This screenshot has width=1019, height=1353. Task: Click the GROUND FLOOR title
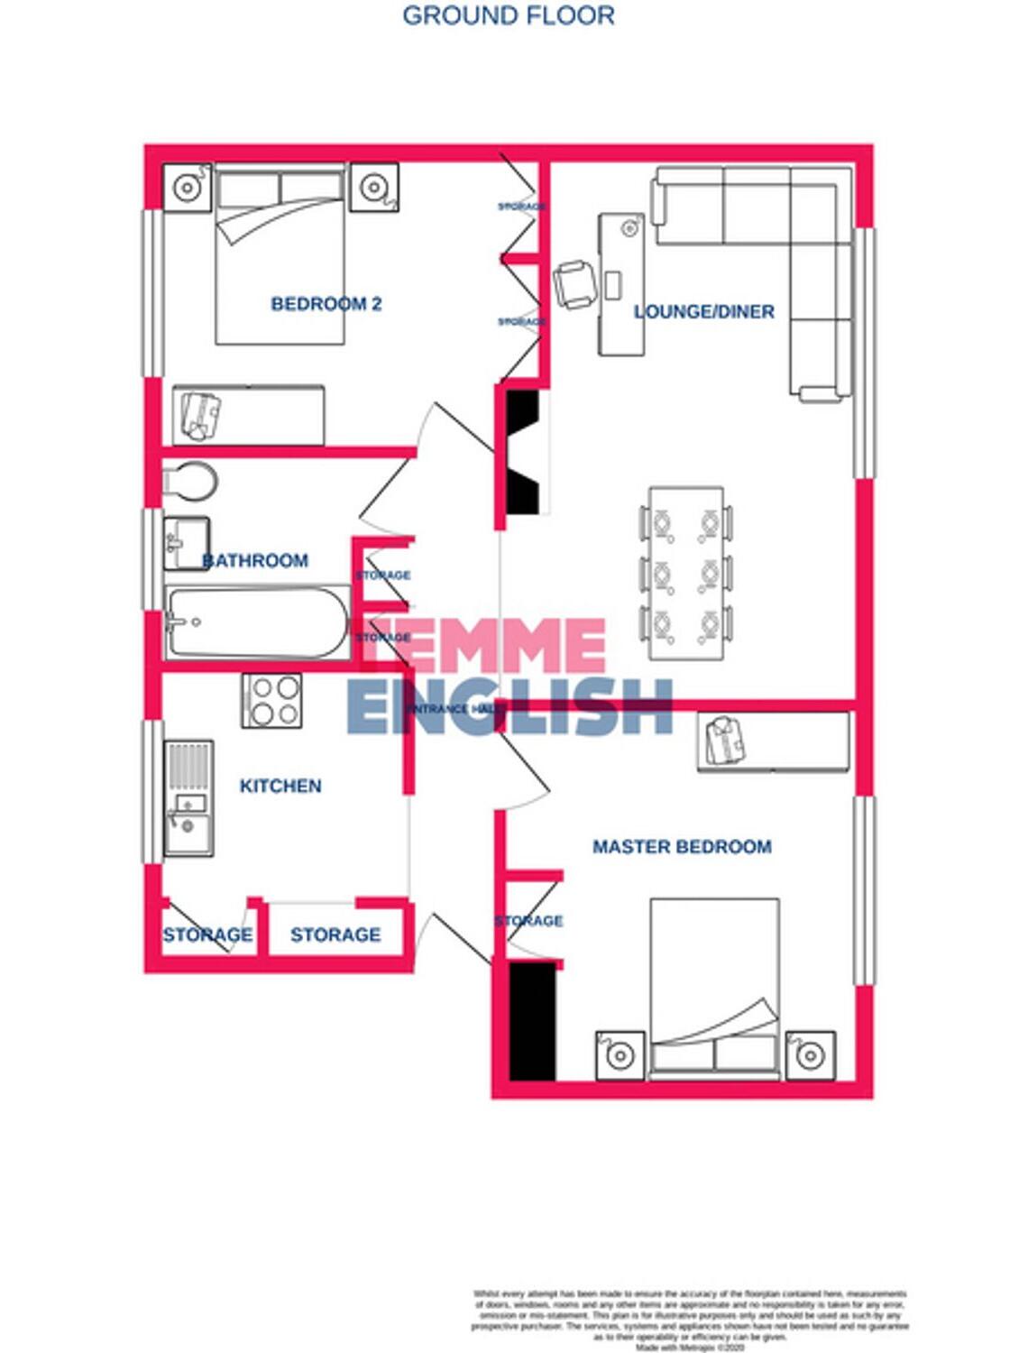508,15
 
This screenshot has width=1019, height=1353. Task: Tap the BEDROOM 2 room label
326,304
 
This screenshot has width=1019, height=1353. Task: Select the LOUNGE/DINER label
703,312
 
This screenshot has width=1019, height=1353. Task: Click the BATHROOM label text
255,561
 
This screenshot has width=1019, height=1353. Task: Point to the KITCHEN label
280,787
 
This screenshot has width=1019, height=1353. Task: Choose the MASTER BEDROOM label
682,847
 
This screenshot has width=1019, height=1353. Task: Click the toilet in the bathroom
189,482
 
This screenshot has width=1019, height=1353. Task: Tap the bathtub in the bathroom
257,622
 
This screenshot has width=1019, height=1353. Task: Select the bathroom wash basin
187,542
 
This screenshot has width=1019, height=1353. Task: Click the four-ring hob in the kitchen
271,701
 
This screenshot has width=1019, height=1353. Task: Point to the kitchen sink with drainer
188,797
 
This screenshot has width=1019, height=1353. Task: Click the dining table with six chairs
686,574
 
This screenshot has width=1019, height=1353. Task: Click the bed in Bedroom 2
280,254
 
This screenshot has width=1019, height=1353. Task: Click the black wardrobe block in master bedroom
532,1021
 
